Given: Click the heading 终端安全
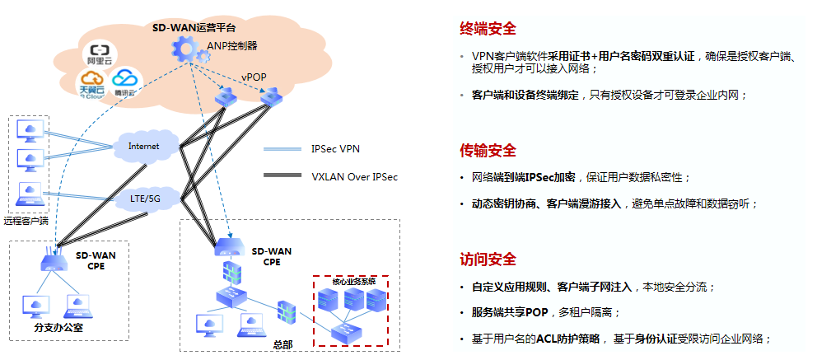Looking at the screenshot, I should (x=488, y=30).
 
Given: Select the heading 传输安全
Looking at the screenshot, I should (x=488, y=151).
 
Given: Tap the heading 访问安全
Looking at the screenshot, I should (x=488, y=260).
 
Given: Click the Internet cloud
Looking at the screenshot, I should (x=142, y=146).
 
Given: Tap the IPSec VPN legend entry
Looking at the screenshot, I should (x=336, y=149).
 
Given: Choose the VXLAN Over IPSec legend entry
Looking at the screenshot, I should (x=354, y=176).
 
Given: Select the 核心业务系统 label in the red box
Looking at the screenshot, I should (x=353, y=282).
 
